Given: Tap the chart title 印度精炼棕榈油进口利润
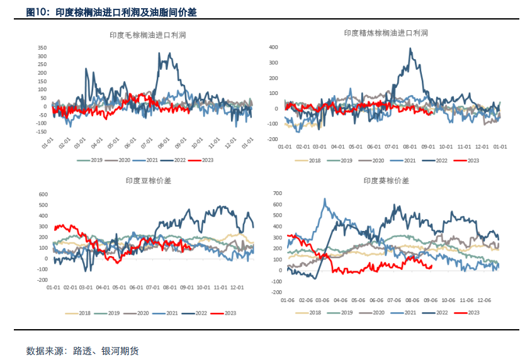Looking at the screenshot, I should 386,33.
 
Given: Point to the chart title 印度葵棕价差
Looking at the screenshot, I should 386,181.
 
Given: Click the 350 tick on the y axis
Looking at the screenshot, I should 42,48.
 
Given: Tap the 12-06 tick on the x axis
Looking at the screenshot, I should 484,300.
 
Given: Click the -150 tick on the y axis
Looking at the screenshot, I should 41,132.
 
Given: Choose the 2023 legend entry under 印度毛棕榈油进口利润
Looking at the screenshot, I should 203,160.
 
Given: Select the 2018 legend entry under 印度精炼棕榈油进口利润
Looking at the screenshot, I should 312,160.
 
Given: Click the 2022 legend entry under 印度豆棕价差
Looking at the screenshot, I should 197,313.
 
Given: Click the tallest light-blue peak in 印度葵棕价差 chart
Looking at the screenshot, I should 325,199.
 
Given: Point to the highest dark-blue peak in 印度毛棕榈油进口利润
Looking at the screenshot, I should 160,53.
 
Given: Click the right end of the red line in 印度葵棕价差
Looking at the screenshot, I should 431,266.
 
